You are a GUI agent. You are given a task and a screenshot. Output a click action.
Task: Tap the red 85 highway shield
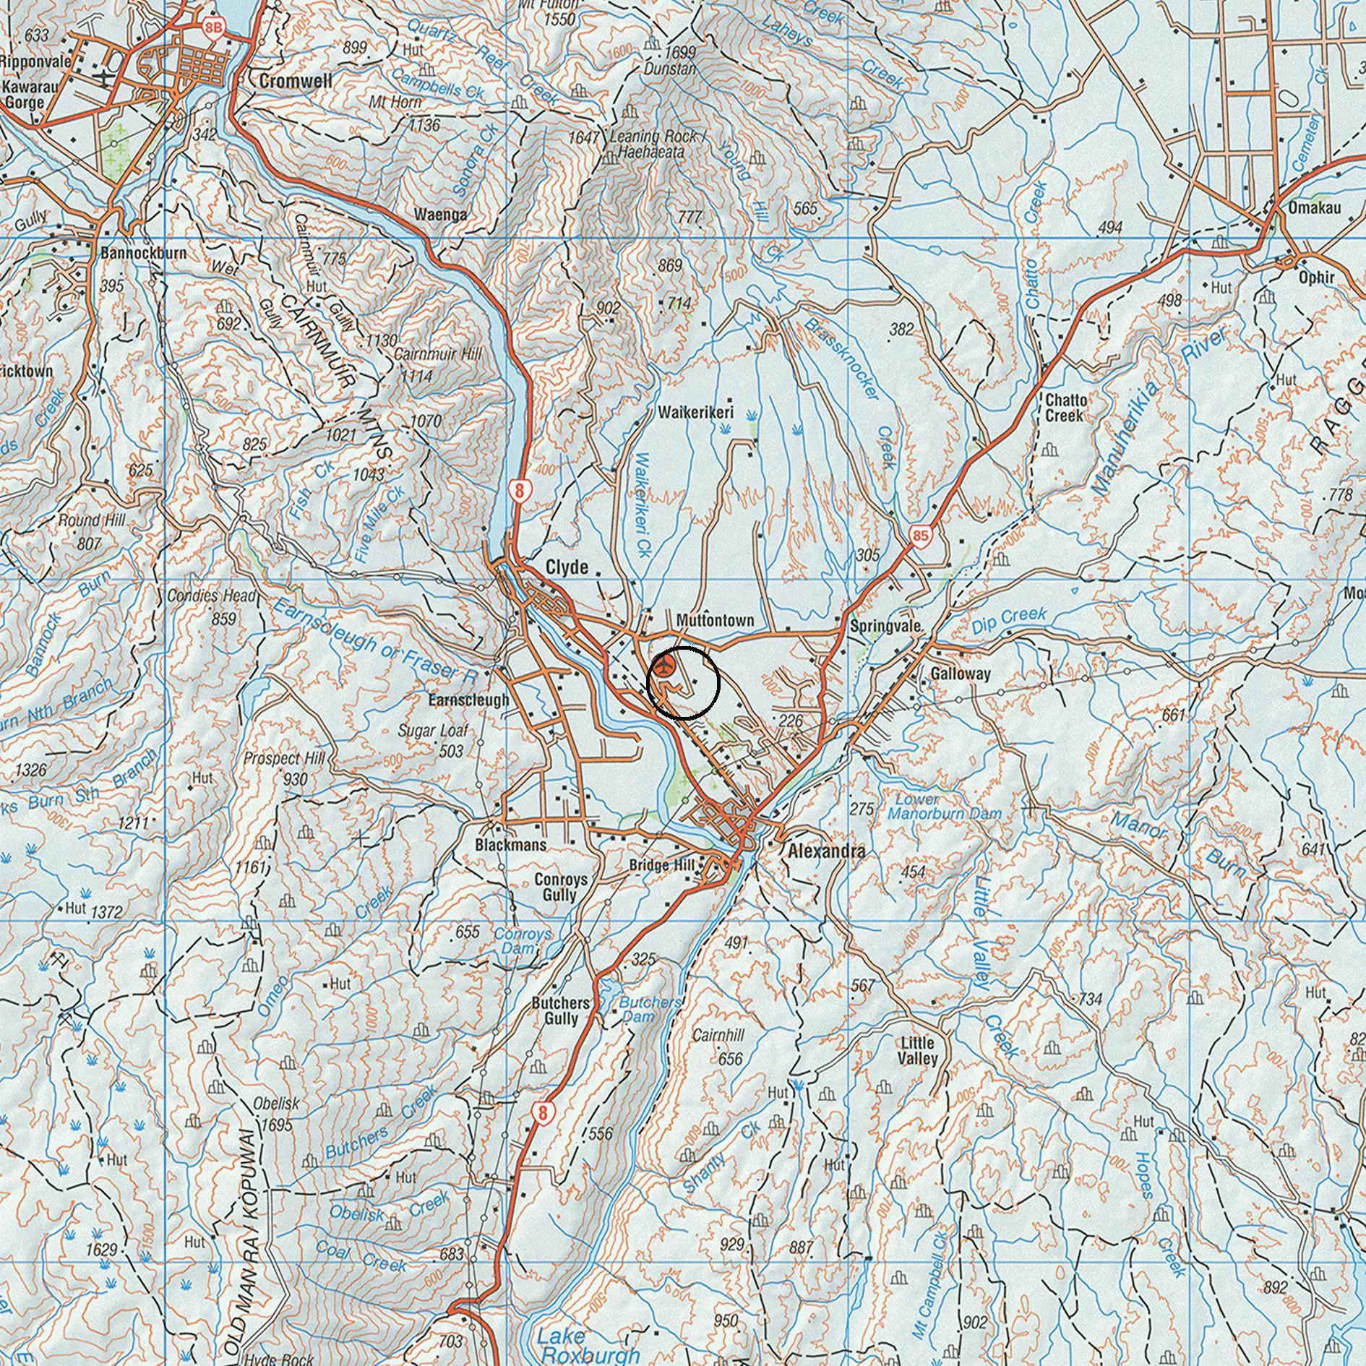click(x=920, y=536)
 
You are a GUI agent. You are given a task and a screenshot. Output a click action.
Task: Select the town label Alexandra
click(x=826, y=851)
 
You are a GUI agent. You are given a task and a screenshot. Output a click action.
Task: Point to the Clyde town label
click(x=567, y=567)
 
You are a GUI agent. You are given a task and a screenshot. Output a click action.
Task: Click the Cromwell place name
click(x=296, y=82)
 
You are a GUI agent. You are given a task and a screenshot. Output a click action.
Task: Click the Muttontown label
click(x=715, y=620)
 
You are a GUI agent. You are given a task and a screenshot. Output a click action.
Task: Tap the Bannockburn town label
click(x=144, y=254)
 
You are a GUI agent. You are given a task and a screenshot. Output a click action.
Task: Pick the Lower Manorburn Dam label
click(x=945, y=807)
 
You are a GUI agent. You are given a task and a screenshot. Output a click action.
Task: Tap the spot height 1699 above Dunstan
click(x=679, y=52)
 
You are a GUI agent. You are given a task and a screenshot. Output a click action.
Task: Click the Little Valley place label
click(x=918, y=1051)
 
